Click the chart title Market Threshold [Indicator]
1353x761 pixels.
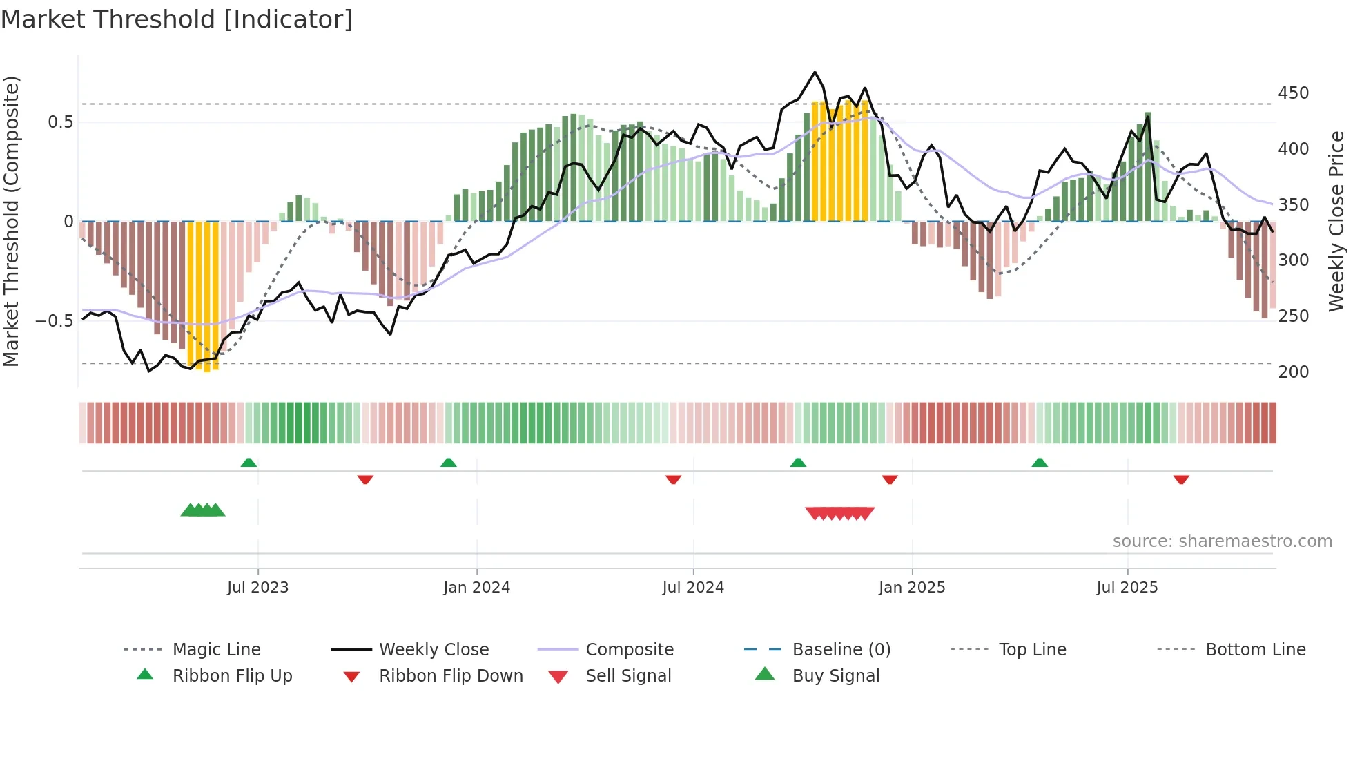[177, 19]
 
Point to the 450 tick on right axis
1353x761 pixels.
[1293, 93]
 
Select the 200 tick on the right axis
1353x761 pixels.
[1293, 372]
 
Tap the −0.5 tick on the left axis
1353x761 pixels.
[54, 321]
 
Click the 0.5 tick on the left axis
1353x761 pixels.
[60, 122]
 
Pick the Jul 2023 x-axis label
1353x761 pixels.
[257, 588]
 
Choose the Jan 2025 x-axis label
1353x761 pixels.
[911, 588]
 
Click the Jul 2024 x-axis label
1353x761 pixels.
[692, 588]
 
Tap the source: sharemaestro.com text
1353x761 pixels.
[1222, 541]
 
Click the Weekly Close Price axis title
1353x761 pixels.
[1336, 221]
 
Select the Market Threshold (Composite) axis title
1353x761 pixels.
[11, 221]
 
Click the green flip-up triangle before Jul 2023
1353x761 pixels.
[249, 463]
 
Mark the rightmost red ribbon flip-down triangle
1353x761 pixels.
[1181, 479]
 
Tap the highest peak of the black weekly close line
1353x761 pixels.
[815, 72]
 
